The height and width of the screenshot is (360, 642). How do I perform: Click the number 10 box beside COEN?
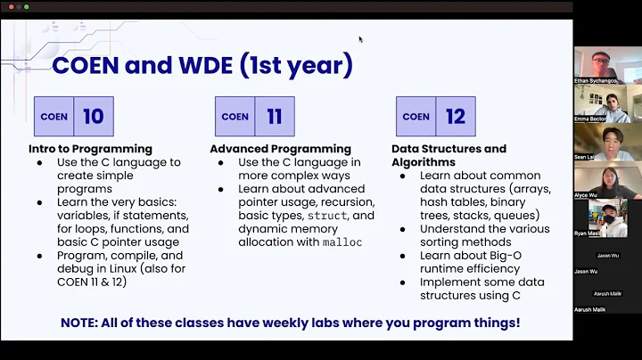[93, 116]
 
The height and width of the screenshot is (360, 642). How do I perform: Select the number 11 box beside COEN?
[274, 116]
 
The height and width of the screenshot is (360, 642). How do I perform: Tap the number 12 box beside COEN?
[455, 116]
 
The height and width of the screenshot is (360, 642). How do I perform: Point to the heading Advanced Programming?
[280, 149]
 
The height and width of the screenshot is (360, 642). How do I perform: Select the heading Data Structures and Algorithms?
[449, 155]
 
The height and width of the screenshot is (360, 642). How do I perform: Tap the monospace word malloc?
[342, 241]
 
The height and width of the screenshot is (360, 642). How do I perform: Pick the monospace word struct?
[328, 216]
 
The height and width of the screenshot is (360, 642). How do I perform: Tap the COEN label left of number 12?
[416, 116]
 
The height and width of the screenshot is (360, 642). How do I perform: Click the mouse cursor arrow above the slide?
[360, 39]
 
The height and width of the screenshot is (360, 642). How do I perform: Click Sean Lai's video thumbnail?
[596, 141]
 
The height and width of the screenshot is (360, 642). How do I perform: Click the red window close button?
[6, 6]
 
